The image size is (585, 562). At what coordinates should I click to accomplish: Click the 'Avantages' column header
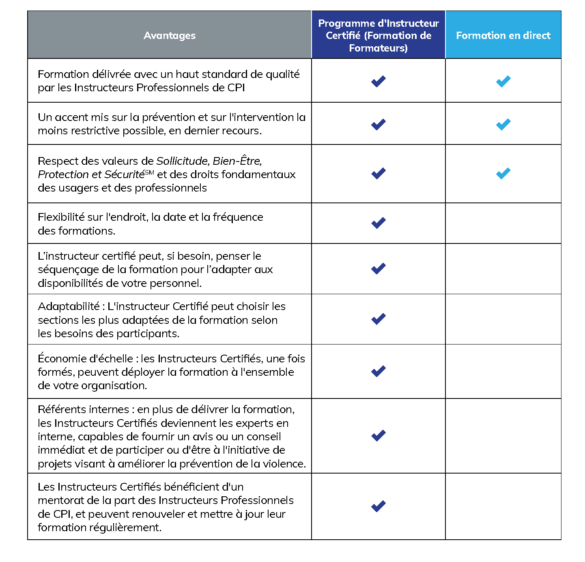pyautogui.click(x=170, y=36)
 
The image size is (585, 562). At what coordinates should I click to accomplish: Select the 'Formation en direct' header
pyautogui.click(x=503, y=36)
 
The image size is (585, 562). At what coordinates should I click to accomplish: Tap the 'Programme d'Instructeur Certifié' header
pyautogui.click(x=378, y=36)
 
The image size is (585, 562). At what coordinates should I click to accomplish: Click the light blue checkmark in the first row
pyautogui.click(x=503, y=81)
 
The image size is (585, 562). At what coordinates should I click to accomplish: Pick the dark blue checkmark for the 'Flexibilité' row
pyautogui.click(x=378, y=223)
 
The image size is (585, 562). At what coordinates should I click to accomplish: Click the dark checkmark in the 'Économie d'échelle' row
pyautogui.click(x=378, y=371)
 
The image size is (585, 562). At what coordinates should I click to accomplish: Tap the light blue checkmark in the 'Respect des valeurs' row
pyautogui.click(x=503, y=174)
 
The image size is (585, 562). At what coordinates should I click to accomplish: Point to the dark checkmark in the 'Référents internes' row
pyautogui.click(x=378, y=435)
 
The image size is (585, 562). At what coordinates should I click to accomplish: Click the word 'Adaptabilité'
pyautogui.click(x=69, y=306)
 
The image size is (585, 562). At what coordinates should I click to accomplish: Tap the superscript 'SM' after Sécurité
pyautogui.click(x=149, y=172)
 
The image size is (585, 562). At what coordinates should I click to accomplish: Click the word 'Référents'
pyautogui.click(x=62, y=409)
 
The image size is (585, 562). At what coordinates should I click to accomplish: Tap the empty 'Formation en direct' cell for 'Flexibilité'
pyautogui.click(x=503, y=223)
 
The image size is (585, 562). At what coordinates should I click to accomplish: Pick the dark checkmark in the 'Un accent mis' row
pyautogui.click(x=378, y=124)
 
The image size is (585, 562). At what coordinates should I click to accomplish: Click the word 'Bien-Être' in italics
pyautogui.click(x=237, y=161)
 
